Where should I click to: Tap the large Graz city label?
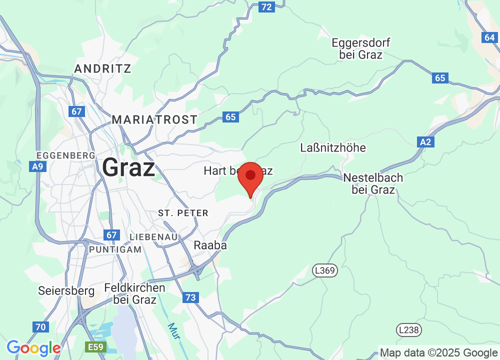[x=128, y=168]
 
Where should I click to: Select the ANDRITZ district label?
[x=102, y=68]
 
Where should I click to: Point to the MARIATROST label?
[x=154, y=119]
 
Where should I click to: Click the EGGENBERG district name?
[x=66, y=155]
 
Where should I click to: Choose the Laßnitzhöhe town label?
[x=333, y=147]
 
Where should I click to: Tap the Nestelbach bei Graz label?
[x=373, y=183]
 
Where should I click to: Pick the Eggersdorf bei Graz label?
[x=360, y=48]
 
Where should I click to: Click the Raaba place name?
[x=210, y=245]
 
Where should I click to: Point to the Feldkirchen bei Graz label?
[x=135, y=294]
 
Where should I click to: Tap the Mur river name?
[x=173, y=331]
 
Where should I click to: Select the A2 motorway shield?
[x=425, y=142]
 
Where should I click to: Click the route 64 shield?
[x=489, y=37]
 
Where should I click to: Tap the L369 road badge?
[x=325, y=270]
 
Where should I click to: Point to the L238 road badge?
[x=409, y=330]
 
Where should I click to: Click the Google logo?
[x=33, y=347]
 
